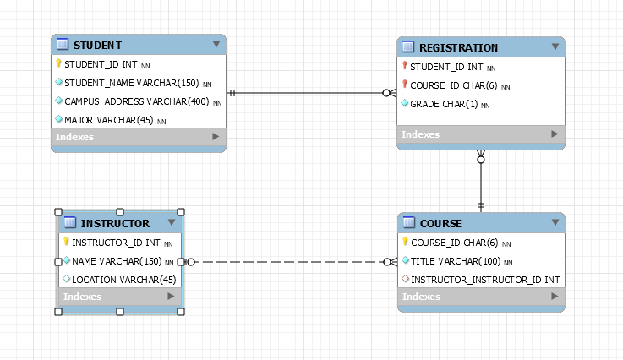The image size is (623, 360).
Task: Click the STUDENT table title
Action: click(x=97, y=45)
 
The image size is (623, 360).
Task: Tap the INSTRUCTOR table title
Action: click(x=115, y=224)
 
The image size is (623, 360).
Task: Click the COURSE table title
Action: click(x=440, y=224)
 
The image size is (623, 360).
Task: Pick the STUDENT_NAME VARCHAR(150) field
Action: click(x=132, y=83)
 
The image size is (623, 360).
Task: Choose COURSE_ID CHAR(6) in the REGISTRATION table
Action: click(x=449, y=85)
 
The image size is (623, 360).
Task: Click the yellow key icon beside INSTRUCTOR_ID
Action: click(x=66, y=243)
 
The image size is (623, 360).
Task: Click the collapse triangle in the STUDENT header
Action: click(x=216, y=44)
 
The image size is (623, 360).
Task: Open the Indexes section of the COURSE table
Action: click(x=480, y=297)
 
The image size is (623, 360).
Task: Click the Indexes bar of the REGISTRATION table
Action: click(x=480, y=134)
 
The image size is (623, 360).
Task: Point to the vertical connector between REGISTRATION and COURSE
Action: click(x=481, y=182)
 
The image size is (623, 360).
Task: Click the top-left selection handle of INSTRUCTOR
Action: click(x=57, y=212)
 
